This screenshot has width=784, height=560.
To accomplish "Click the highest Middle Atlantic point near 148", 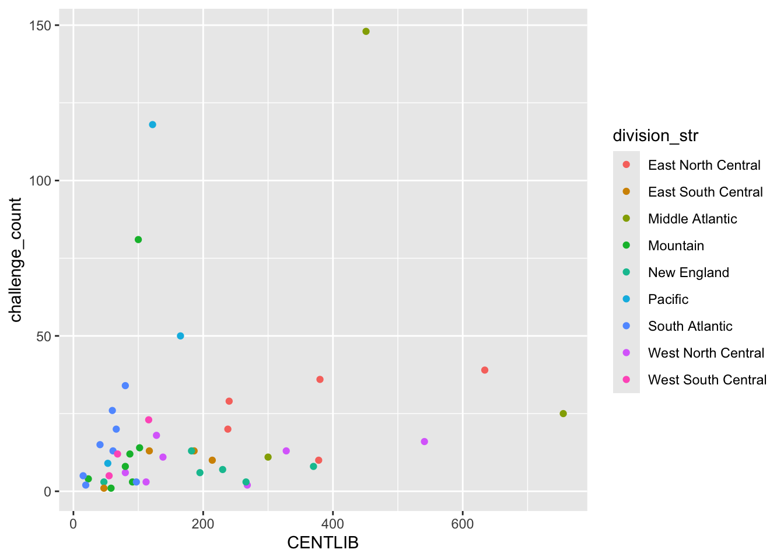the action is coord(366,32).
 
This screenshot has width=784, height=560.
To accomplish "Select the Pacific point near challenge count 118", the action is coord(153,125).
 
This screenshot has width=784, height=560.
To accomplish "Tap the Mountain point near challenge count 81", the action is coord(138,240).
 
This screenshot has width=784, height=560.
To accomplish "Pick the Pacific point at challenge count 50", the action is coord(180,336).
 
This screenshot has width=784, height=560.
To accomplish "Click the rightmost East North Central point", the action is coord(485,370).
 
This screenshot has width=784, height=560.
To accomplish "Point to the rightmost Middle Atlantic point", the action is coord(563,414).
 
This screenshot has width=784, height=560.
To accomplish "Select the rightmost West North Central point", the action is coord(425,442).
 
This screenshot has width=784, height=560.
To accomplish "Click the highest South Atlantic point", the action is coord(125,386).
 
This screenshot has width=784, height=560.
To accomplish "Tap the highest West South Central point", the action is coord(149,420).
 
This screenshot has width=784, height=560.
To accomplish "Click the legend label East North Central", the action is coord(704,165).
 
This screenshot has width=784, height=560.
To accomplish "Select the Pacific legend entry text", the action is coord(668,299).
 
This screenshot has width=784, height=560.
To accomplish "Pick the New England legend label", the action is coord(688,272).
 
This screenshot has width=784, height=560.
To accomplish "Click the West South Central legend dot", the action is coord(626,380).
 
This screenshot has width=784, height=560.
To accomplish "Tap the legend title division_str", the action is coord(656,136).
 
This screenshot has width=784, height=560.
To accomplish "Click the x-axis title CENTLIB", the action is coord(323,543).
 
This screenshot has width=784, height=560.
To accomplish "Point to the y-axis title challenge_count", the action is coord(16,260).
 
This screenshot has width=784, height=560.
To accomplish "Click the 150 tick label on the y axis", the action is coord(40,26).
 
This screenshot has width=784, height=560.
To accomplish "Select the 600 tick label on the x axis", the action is coord(463,524).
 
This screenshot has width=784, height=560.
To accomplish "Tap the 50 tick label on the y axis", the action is coord(44,337).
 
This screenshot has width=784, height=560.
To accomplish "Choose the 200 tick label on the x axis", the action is coord(203,524).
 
